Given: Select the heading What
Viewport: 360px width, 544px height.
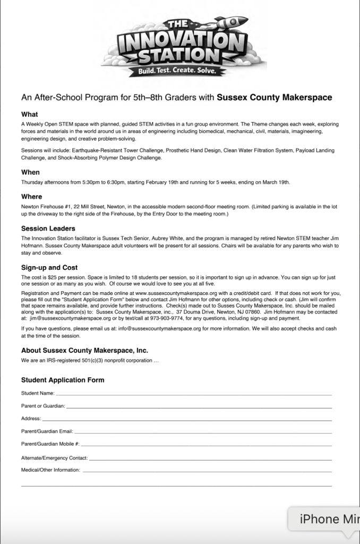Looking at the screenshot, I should (x=29, y=114).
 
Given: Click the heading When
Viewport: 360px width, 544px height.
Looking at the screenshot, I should (x=30, y=172).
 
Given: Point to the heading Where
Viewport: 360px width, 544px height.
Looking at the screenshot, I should (x=31, y=197).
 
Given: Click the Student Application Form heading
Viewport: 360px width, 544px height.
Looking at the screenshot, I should (x=63, y=380).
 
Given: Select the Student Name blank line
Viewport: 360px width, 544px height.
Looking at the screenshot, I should (x=193, y=395).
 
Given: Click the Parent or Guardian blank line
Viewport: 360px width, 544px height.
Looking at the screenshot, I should (x=199, y=407).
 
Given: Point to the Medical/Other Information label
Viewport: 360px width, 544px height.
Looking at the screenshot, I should (x=50, y=470).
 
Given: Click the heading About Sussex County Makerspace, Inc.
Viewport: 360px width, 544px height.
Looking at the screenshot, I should (x=84, y=351).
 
